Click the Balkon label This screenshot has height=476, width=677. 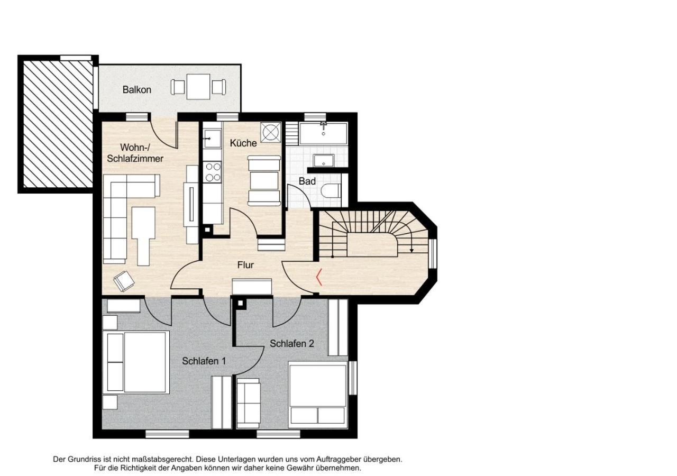pos(136,90)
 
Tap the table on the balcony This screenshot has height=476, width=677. pos(198,87)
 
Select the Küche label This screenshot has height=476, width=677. pos(243,143)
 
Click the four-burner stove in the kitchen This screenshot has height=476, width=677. pos(213,172)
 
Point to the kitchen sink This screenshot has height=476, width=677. pos(213,139)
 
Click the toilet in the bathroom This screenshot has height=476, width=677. pos(332,191)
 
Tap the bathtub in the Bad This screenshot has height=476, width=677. pos(323,133)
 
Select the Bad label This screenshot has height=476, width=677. pos(307,181)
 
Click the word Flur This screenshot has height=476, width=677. pos(245,265)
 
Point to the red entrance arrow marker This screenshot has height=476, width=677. pos(318,277)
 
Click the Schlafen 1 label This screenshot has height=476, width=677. pos(204,361)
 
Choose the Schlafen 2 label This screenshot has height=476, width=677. pos(292,343)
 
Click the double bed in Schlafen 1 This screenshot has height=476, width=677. pos(136,362)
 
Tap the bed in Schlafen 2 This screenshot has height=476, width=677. pos(317,395)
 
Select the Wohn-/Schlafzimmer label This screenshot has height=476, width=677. pos(135,153)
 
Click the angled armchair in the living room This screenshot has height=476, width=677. pos(124,281)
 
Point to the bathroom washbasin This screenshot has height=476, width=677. pos(324,160)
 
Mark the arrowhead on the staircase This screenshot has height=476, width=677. pos(411,250)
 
